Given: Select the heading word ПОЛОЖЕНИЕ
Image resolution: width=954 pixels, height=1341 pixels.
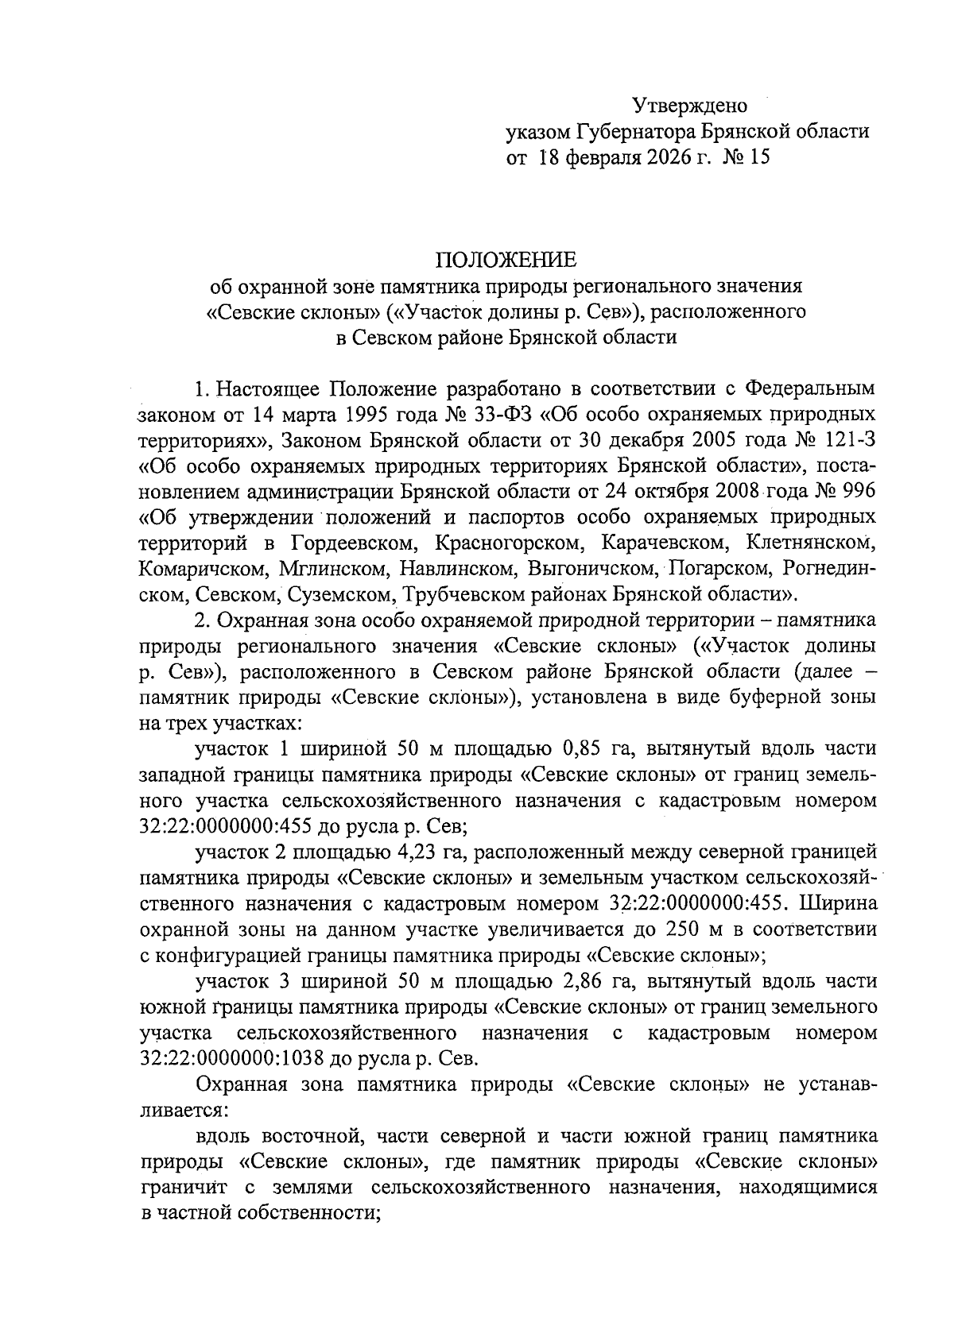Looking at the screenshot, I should tap(504, 260).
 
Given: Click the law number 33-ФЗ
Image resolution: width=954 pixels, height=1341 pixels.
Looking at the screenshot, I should tap(479, 414).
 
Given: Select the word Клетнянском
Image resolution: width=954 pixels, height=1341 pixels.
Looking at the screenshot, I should tap(811, 543).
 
